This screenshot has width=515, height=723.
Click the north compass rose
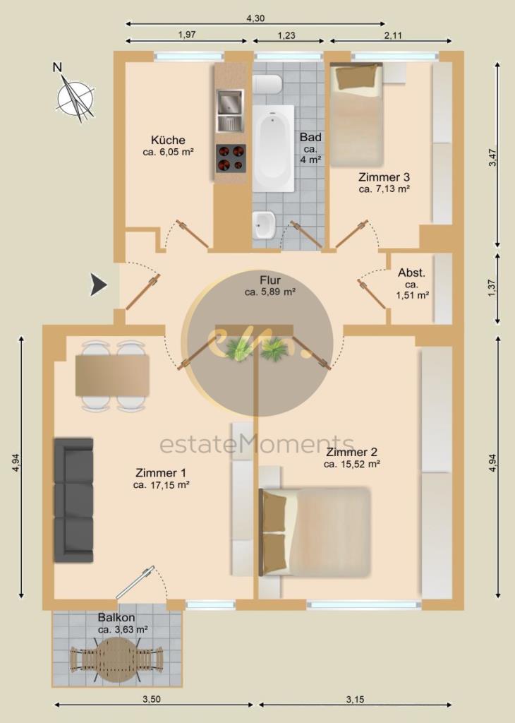click(x=75, y=97)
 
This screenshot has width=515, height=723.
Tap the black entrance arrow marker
click(x=98, y=285)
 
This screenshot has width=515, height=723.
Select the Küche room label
click(x=168, y=140)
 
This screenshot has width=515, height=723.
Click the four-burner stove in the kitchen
click(x=231, y=158)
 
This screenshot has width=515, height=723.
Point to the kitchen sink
click(x=230, y=111)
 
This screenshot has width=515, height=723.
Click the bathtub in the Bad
click(x=273, y=148)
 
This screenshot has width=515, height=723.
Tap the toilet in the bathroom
click(x=267, y=85)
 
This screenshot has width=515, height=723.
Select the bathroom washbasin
click(x=263, y=225)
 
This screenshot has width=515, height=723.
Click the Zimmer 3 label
click(x=384, y=177)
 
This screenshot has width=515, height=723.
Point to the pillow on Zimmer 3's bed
click(x=357, y=76)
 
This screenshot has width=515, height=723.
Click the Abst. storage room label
click(x=412, y=273)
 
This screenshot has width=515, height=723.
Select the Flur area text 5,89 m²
click(x=270, y=292)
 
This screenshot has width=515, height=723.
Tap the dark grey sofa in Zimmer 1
click(x=73, y=500)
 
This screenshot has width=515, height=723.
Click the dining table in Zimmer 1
click(x=112, y=376)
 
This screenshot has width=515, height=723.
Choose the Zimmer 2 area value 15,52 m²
click(x=351, y=465)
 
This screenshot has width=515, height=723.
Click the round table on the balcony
click(x=118, y=659)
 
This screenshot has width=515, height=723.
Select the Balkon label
click(x=116, y=617)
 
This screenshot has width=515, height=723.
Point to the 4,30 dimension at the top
click(x=255, y=18)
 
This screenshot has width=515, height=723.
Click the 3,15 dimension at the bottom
click(x=355, y=700)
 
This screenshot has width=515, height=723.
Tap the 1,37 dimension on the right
click(x=492, y=288)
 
